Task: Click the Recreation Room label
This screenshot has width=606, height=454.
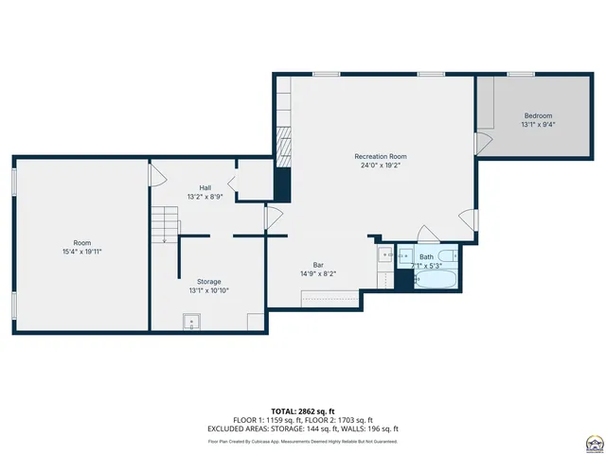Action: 380,156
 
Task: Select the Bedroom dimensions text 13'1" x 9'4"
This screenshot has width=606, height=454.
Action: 537,124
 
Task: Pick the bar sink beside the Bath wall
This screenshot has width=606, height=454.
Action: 385,254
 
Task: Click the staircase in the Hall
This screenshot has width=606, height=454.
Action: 166,225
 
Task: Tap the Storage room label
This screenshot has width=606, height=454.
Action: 209,282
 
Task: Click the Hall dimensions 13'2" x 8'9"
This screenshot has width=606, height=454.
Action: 205,197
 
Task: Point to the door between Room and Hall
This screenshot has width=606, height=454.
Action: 156,174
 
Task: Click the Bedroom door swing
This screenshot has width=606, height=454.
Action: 483,144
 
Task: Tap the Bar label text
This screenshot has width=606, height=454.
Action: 319,265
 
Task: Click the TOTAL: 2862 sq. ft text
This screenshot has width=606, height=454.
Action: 303,410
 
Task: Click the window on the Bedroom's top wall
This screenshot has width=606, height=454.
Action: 519,74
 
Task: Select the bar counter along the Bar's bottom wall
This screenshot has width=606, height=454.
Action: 330,300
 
